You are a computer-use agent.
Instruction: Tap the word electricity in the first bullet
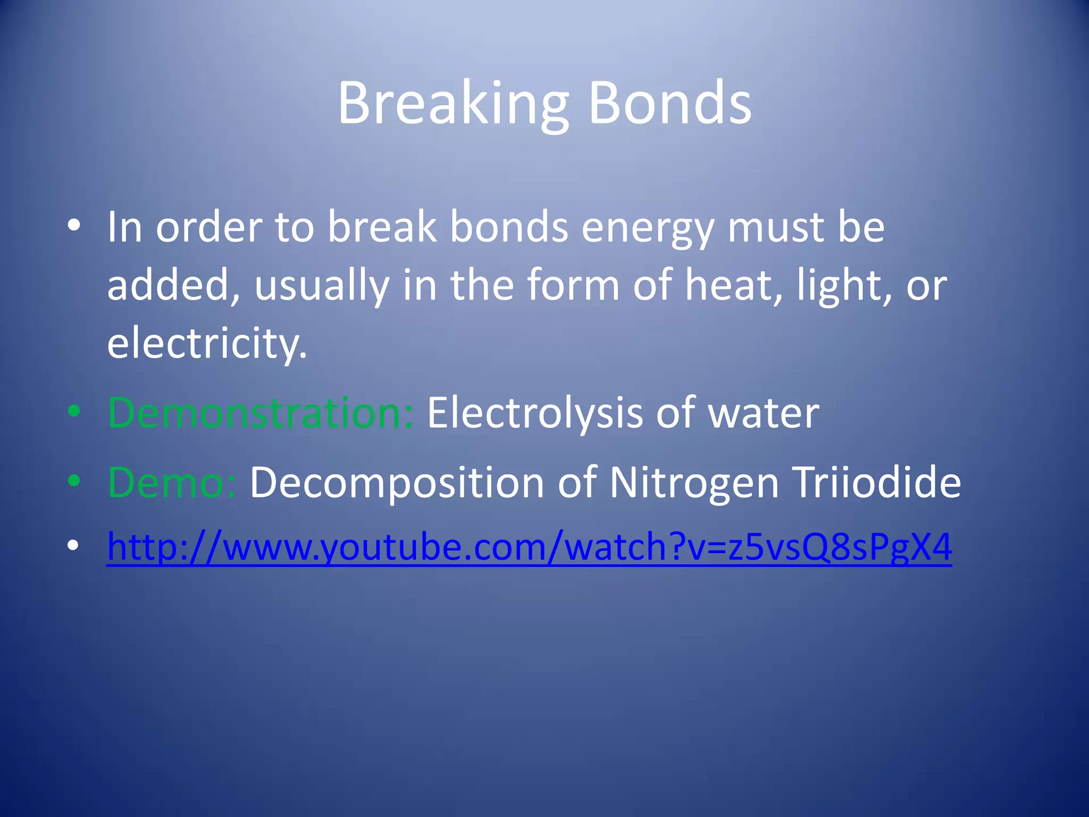pyautogui.click(x=207, y=343)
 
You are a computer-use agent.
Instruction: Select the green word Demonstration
pyautogui.click(x=260, y=413)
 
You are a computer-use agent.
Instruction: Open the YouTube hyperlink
pyautogui.click(x=529, y=547)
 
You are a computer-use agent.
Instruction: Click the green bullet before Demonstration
pyautogui.click(x=74, y=411)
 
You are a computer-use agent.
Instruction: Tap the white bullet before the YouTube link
pyautogui.click(x=74, y=545)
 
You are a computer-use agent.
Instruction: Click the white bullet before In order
pyautogui.click(x=74, y=226)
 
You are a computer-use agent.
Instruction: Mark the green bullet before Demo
pyautogui.click(x=74, y=480)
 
